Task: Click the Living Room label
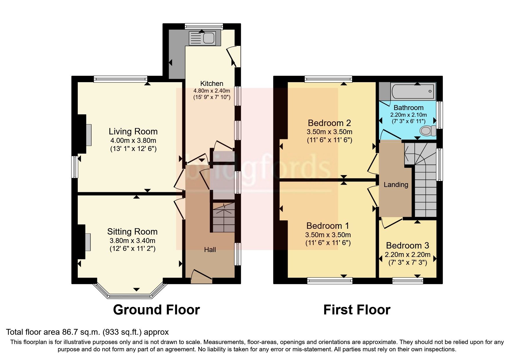pyautogui.click(x=133, y=132)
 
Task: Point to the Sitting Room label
pyautogui.click(x=132, y=232)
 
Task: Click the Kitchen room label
pyautogui.click(x=212, y=84)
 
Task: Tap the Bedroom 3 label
pyautogui.click(x=407, y=246)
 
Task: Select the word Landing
pyautogui.click(x=396, y=185)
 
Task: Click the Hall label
pyautogui.click(x=210, y=250)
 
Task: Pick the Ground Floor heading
pyautogui.click(x=156, y=310)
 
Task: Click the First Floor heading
pyautogui.click(x=357, y=310)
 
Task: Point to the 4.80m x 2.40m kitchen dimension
pyautogui.click(x=212, y=91)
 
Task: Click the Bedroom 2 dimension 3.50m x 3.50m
pyautogui.click(x=329, y=132)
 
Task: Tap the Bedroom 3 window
pyautogui.click(x=408, y=281)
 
